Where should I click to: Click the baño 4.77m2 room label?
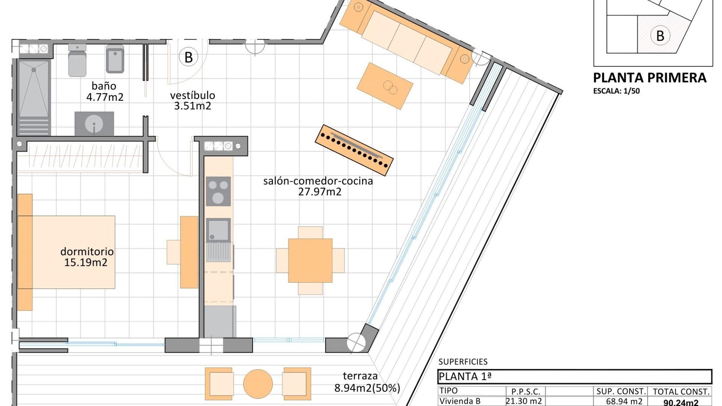pos(105,92)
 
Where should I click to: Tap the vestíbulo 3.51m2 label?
pos(193,100)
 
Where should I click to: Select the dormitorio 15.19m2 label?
pos(86,257)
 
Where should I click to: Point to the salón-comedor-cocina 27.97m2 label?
pos(319,186)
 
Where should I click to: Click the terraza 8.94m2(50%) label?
pos(367,382)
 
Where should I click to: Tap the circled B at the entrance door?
pos(188,57)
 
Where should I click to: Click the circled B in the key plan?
pos(660,35)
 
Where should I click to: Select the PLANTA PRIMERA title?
pos(649,78)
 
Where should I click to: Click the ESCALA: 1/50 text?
pos(616,91)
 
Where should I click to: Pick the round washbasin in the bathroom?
pos(94,124)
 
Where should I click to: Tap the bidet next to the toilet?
pos(115,59)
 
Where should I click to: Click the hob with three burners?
pos(218,191)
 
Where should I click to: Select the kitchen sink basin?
pos(218,229)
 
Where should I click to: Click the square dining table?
pos(310,260)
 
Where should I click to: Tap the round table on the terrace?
pos(258,384)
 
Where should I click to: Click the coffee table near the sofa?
pos(385,86)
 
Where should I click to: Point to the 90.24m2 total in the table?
pos(681,402)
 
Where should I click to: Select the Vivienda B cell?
pos(460,401)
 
